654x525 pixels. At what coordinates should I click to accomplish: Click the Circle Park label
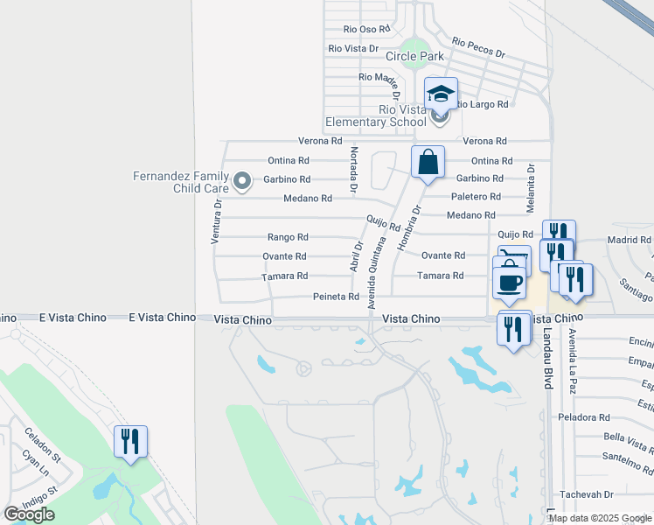[414, 56]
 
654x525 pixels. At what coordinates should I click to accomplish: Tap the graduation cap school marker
[441, 94]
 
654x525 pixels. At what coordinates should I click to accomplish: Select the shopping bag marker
[428, 163]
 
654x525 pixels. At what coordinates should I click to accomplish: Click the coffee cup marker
[510, 283]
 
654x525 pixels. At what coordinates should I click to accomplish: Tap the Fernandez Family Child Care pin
[244, 182]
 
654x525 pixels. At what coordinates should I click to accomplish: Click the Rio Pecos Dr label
[478, 47]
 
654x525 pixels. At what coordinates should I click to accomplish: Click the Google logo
[29, 514]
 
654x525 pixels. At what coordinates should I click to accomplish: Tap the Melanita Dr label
[531, 188]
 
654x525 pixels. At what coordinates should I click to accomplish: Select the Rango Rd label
[288, 237]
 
